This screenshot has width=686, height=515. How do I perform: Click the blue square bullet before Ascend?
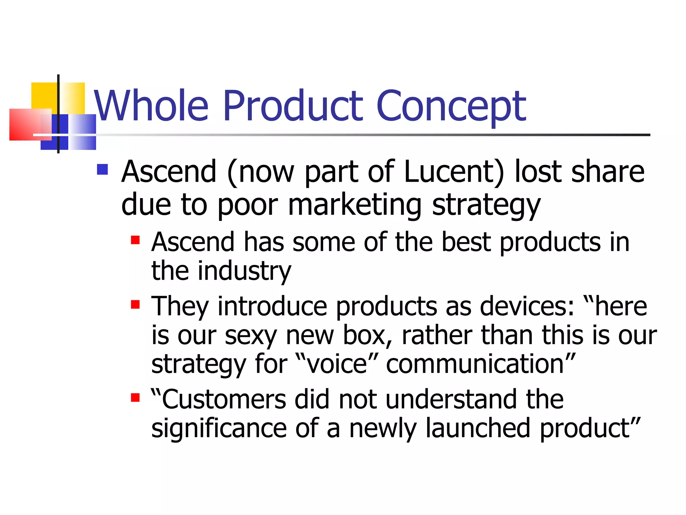coord(102,169)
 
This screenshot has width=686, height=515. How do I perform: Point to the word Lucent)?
coord(454,172)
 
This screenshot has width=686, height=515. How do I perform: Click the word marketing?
coord(354,205)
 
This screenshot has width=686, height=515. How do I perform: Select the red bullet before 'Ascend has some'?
coord(135,240)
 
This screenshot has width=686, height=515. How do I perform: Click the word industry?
coord(245,271)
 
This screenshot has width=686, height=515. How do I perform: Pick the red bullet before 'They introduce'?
coord(135,304)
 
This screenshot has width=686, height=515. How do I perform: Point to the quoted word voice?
coord(337,364)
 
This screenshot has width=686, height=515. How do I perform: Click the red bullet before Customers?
coord(135,398)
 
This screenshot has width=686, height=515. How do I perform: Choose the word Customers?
coord(224,399)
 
